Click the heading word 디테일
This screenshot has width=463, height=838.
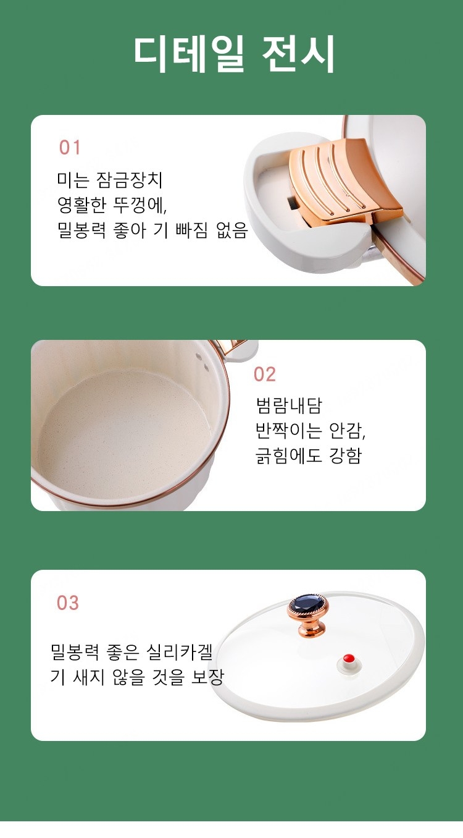pos(190,54)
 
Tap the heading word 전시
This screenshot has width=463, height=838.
pos(298,54)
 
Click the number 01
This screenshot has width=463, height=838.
pos(70,148)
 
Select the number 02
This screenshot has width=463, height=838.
pos(265,375)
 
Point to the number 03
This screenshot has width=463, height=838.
pos(68,603)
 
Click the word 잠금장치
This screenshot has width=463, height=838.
pos(129,180)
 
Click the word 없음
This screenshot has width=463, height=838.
pos(232,230)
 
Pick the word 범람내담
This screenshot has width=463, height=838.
pos(288,405)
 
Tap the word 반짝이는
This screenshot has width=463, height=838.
pos(288,431)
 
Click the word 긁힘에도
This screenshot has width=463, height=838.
pos(288,455)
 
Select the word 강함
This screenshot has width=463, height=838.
pos(345,455)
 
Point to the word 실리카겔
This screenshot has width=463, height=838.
pos(180,652)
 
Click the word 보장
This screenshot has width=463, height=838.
pos(207,677)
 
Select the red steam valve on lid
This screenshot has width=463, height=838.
pos(349,658)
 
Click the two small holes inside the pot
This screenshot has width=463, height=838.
pos(202,363)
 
